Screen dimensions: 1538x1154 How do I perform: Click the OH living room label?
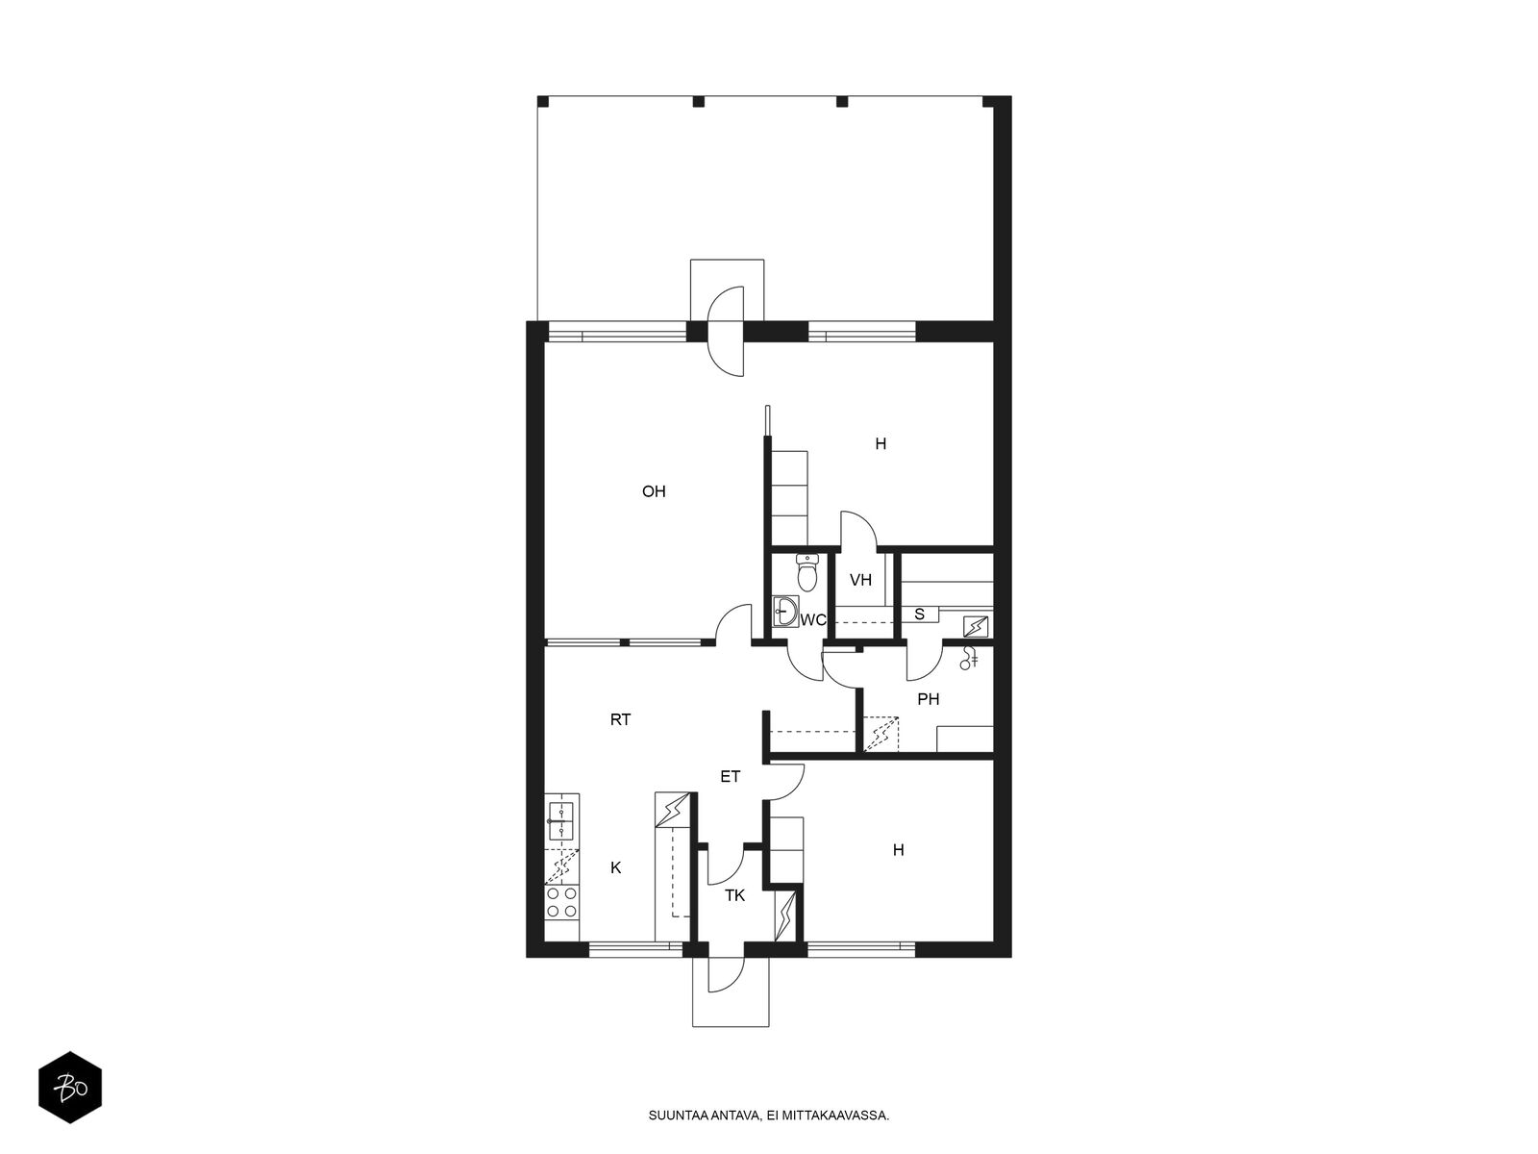(653, 491)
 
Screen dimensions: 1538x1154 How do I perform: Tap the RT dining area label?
(620, 719)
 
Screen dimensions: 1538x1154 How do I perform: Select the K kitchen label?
(616, 867)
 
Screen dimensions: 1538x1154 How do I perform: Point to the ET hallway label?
(731, 776)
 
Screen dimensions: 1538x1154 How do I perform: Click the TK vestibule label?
(734, 895)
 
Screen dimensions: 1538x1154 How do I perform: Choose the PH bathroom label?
(928, 698)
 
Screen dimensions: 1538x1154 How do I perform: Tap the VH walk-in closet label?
(860, 580)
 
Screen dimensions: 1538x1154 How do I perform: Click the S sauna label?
(919, 615)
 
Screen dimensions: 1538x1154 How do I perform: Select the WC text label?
(813, 620)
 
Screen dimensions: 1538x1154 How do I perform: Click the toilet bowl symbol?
(807, 572)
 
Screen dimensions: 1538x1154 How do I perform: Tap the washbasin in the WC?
(785, 611)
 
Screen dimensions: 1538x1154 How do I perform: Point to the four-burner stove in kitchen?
(562, 902)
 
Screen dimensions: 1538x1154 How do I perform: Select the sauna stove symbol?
(976, 625)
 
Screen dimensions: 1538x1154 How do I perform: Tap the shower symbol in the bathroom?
(969, 657)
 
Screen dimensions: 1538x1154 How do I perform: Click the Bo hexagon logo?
(70, 1088)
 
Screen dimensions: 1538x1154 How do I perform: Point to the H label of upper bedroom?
(881, 443)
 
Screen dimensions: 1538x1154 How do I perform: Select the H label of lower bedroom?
(898, 850)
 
